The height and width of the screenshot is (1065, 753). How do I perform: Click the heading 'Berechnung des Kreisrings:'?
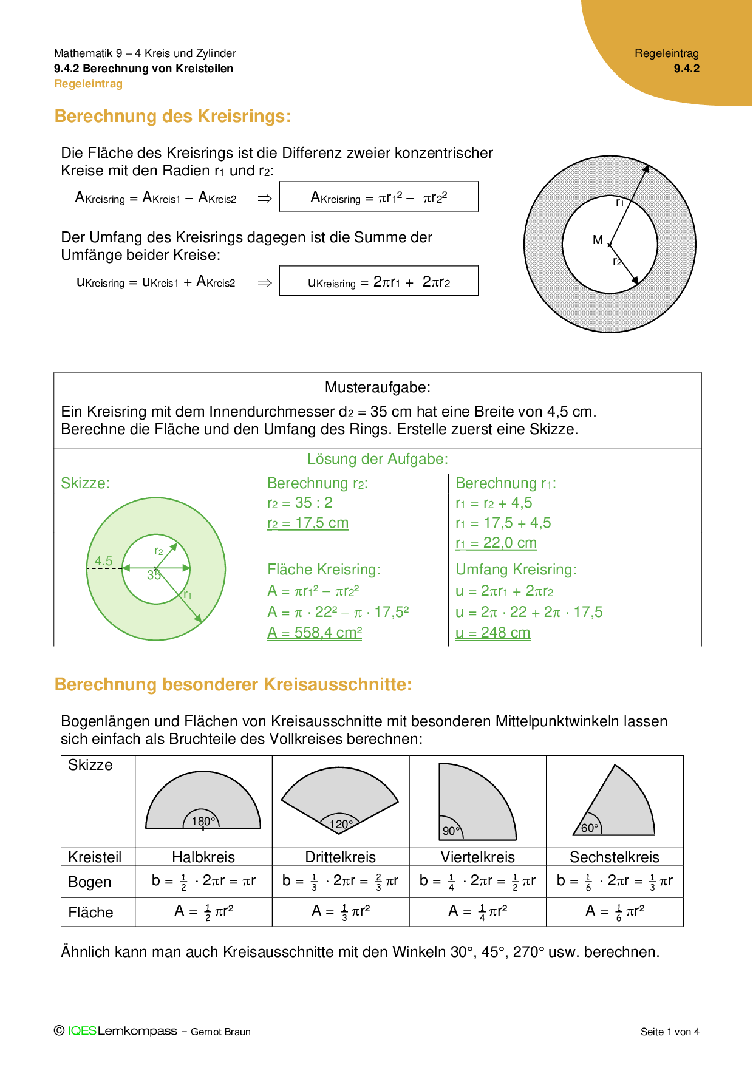tap(172, 116)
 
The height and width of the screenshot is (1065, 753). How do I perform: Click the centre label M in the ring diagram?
tap(598, 240)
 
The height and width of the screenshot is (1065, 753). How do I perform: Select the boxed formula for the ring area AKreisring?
tap(378, 197)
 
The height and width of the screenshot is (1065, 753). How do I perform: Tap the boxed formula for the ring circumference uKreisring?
tap(378, 281)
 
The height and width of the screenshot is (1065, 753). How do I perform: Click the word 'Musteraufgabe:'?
tap(377, 387)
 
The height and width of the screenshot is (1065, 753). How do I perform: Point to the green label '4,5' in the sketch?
tap(103, 561)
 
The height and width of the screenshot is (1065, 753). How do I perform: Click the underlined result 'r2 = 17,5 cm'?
tap(308, 523)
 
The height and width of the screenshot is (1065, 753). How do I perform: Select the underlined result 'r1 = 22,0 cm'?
tap(496, 543)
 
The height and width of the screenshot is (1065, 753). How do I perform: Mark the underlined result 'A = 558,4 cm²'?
tap(315, 633)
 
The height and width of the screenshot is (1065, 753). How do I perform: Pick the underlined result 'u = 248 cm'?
tap(492, 633)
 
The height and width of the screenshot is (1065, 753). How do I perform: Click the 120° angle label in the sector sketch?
tap(341, 824)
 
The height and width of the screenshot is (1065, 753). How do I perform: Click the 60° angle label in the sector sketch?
tap(590, 828)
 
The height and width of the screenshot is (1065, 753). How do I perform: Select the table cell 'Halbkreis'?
tap(203, 857)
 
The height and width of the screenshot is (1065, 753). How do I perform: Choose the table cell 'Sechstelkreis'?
tap(614, 857)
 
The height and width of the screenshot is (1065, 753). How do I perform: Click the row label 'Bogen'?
tap(90, 882)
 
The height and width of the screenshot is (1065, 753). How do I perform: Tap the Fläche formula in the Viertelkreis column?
tap(477, 911)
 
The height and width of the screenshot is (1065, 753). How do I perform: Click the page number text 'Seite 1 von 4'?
tap(670, 1032)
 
